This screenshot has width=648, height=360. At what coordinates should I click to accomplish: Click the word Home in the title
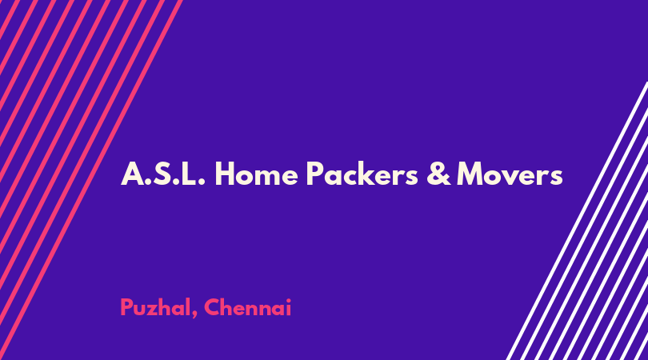click(256, 174)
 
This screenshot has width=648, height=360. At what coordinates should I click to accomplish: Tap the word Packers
click(362, 174)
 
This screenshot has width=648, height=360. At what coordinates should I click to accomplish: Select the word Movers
click(510, 174)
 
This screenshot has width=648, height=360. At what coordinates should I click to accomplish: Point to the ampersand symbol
click(438, 174)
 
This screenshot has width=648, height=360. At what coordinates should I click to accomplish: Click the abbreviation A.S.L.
click(163, 174)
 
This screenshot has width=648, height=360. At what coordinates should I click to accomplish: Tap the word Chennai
click(248, 307)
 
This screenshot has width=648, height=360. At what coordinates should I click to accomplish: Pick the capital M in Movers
click(472, 174)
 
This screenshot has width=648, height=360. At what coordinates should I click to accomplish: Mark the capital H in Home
click(225, 174)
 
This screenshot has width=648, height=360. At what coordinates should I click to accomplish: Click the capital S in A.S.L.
click(162, 174)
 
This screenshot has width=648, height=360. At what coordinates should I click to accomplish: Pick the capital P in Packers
click(315, 174)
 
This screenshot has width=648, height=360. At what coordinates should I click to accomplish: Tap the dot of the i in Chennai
click(288, 300)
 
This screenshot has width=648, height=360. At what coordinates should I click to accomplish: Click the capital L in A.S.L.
click(188, 174)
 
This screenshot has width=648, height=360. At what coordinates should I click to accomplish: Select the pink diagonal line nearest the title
click(91, 180)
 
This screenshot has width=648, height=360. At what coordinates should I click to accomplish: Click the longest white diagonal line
click(577, 221)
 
